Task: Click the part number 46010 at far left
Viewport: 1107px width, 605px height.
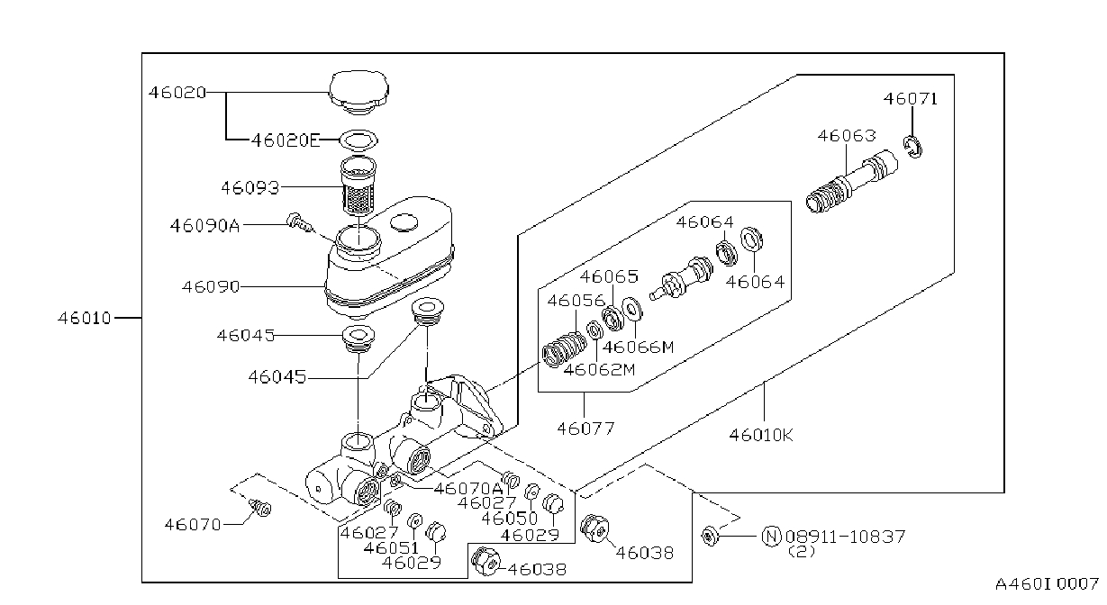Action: point(85,318)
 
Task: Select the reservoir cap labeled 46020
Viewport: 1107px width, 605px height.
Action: point(359,93)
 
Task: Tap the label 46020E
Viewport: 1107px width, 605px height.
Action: point(286,140)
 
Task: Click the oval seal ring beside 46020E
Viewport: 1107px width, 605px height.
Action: point(359,140)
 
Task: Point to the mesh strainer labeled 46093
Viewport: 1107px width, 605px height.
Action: point(358,185)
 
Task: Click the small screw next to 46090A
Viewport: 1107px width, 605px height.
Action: point(300,223)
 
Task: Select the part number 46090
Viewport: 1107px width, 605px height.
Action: point(211,287)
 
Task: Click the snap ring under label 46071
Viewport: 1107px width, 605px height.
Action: point(912,148)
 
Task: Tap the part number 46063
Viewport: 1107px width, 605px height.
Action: point(847,136)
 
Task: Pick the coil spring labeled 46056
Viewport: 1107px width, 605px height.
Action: point(564,349)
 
